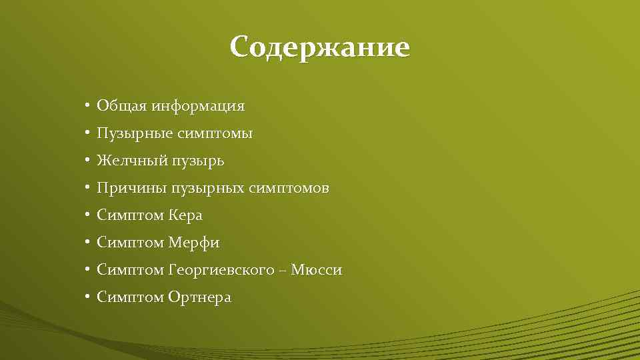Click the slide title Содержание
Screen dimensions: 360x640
pyautogui.click(x=320, y=48)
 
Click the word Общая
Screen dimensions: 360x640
pyautogui.click(x=122, y=106)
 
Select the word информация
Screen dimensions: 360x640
pyautogui.click(x=198, y=106)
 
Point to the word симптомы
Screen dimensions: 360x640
pyautogui.click(x=215, y=134)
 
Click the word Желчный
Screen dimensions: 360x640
pyautogui.click(x=132, y=161)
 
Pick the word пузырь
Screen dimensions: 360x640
pyautogui.click(x=198, y=162)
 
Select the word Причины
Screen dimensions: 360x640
pyautogui.click(x=132, y=189)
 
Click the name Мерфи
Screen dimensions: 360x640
pyautogui.click(x=193, y=243)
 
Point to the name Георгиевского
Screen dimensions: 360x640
pyautogui.click(x=221, y=271)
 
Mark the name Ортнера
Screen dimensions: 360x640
pyautogui.click(x=199, y=298)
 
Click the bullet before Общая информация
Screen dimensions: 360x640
pyautogui.click(x=87, y=106)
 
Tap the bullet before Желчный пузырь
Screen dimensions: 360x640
pyautogui.click(x=87, y=161)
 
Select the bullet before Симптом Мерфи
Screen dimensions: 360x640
pyautogui.click(x=87, y=243)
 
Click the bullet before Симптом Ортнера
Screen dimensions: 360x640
pyautogui.click(x=87, y=298)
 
